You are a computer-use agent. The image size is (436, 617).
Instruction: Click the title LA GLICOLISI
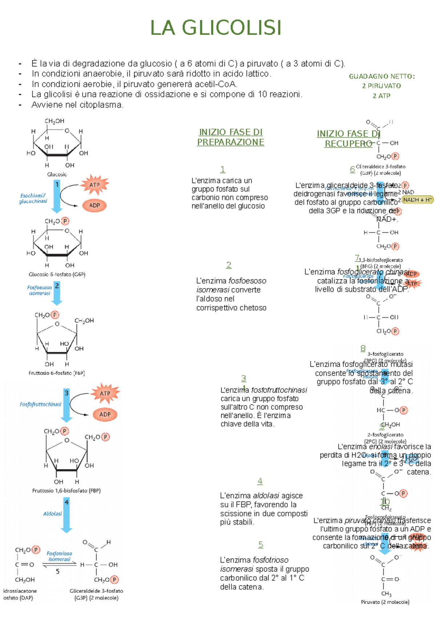pos(216,28)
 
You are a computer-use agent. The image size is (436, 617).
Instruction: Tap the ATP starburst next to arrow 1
pos(94,185)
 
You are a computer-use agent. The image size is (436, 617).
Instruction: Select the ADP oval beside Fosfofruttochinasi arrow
pos(105,414)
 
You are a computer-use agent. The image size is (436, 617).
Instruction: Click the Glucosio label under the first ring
pos(57,174)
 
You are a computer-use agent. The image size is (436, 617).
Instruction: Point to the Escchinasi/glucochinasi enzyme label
pos(33,198)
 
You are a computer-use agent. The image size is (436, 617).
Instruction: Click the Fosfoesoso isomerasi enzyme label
pos(40,290)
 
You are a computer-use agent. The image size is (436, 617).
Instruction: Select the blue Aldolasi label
pos(52,514)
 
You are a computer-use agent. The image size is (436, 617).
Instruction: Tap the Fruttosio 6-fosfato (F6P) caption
pos(57,373)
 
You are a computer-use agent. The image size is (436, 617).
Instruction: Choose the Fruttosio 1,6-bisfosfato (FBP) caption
pos(66,491)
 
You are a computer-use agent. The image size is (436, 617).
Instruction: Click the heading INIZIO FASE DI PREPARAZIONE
pos(231,137)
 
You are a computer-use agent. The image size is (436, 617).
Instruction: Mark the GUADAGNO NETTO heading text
pos(382,76)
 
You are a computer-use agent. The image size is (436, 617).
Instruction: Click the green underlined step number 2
pos(229,265)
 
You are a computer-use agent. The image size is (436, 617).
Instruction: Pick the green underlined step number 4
pos(260,481)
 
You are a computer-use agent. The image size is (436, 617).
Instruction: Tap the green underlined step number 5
pos(261,545)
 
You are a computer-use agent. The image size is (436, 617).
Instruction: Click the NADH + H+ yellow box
pos(417,200)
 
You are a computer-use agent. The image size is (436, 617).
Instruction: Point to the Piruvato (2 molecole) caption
pos(385,602)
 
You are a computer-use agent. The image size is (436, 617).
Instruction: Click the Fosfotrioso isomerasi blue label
pos(59,556)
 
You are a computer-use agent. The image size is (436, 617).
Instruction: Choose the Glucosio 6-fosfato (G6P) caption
pos(57,274)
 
